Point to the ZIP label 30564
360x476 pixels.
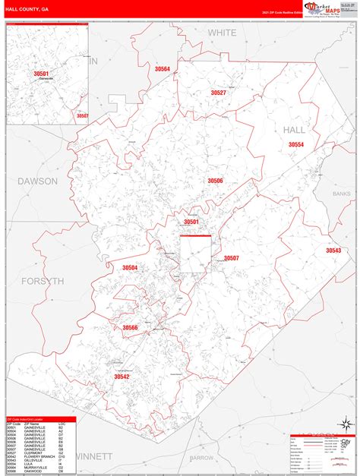(162, 69)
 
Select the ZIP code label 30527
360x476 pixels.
(219, 93)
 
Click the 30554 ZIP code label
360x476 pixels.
(296, 145)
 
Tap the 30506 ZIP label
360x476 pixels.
(215, 181)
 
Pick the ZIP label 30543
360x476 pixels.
(333, 251)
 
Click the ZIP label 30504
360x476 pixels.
(130, 267)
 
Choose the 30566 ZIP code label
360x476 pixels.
(131, 328)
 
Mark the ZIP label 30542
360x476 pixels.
(122, 377)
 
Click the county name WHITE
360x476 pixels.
(223, 33)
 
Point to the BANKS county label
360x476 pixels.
(341, 194)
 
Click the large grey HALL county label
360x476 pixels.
(294, 130)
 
